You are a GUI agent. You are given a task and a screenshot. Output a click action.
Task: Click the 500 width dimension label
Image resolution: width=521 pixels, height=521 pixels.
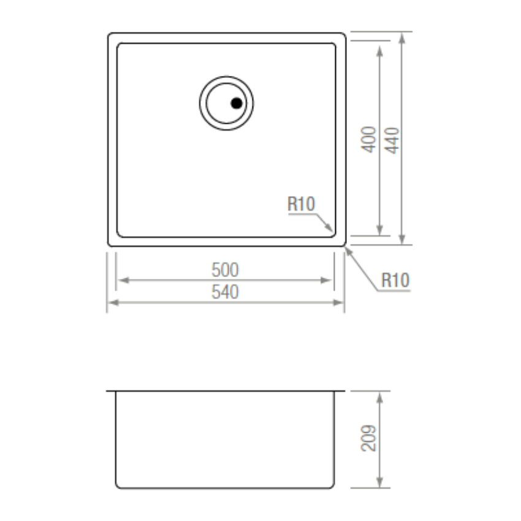pos(225,270)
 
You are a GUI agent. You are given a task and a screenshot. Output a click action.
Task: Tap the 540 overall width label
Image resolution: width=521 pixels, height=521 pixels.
pos(225,292)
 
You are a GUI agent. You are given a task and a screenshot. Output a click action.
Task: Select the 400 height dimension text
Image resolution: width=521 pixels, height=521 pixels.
pos(368,140)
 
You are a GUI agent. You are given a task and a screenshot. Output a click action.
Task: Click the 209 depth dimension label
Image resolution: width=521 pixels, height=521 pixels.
pos(368,438)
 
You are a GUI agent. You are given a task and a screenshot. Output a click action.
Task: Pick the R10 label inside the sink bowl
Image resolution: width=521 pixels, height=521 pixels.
pos(301,203)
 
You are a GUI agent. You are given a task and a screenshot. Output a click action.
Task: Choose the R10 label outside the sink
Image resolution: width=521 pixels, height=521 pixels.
pos(395,280)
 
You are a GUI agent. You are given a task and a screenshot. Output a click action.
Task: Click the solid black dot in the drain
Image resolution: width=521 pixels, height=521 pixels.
pos(237,103)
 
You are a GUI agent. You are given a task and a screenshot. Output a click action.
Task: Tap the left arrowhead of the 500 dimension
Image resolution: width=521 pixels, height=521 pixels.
pos(123,281)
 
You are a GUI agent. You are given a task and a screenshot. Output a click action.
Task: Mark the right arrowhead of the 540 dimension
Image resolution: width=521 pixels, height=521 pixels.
pos(338,302)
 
